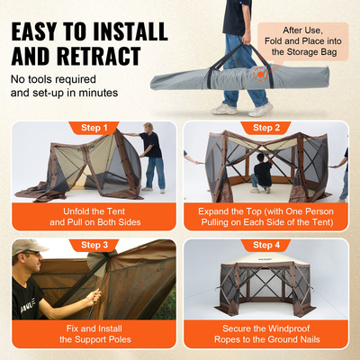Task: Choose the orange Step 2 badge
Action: click(x=267, y=128)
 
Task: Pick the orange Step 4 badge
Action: click(x=267, y=244)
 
